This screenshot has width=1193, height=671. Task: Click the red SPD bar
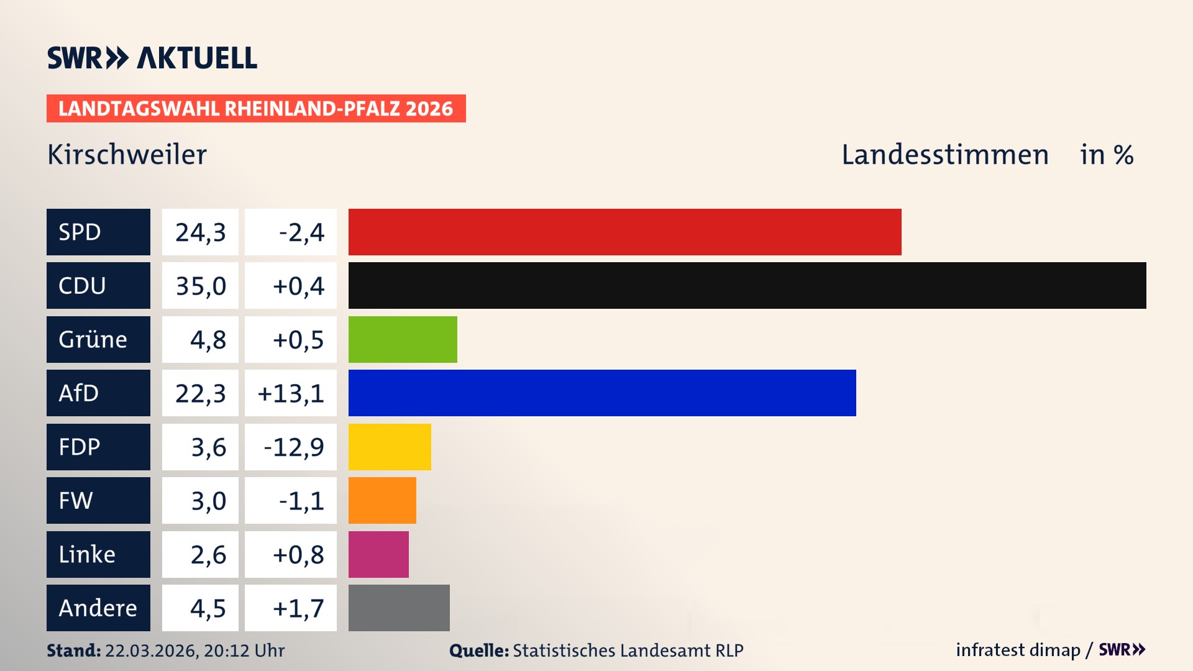pos(624,232)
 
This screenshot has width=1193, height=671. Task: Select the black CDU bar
pos(747,285)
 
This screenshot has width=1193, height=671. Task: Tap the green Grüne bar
pos(403,339)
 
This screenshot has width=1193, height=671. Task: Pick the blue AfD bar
pos(602,393)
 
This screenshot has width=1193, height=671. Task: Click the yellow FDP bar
pos(390,447)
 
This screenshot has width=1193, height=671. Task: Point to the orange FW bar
pos(382,500)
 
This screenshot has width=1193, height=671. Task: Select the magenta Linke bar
pos(378,554)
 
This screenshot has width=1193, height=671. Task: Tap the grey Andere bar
pos(399,608)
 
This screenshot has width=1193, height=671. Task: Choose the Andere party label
pos(98,608)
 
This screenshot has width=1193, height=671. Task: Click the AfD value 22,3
pos(200,393)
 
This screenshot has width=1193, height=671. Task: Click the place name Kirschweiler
pos(127,155)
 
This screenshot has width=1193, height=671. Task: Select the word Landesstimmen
pos(944,155)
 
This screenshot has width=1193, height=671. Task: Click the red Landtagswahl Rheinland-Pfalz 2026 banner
pos(256,108)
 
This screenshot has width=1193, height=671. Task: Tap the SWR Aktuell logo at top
pos(152,58)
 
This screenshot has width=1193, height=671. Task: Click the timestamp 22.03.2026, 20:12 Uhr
pos(194,650)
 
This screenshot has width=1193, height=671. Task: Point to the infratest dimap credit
pos(1017,650)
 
